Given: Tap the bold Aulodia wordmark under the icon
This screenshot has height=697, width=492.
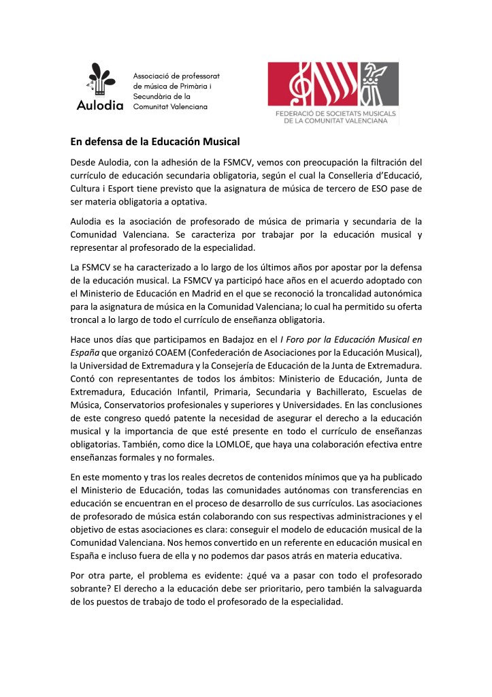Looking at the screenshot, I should point(100,106).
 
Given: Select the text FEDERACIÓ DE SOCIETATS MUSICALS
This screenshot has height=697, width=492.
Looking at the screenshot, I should point(333,113).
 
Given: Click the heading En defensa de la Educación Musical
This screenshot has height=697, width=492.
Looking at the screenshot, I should point(155,142).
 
